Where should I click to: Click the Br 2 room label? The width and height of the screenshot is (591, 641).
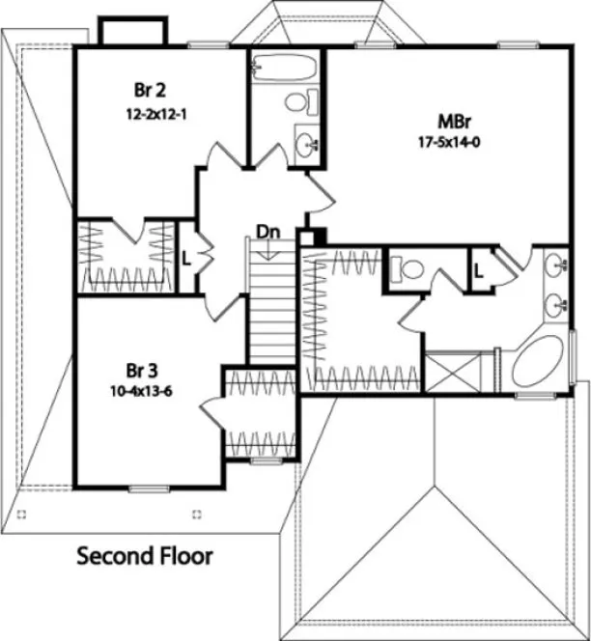151,90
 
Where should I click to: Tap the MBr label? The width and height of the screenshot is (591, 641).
452,122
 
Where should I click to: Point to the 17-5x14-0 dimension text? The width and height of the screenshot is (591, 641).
452,141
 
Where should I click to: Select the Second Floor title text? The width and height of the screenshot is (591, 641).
144,556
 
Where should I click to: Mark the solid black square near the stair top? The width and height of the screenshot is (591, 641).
320,235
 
